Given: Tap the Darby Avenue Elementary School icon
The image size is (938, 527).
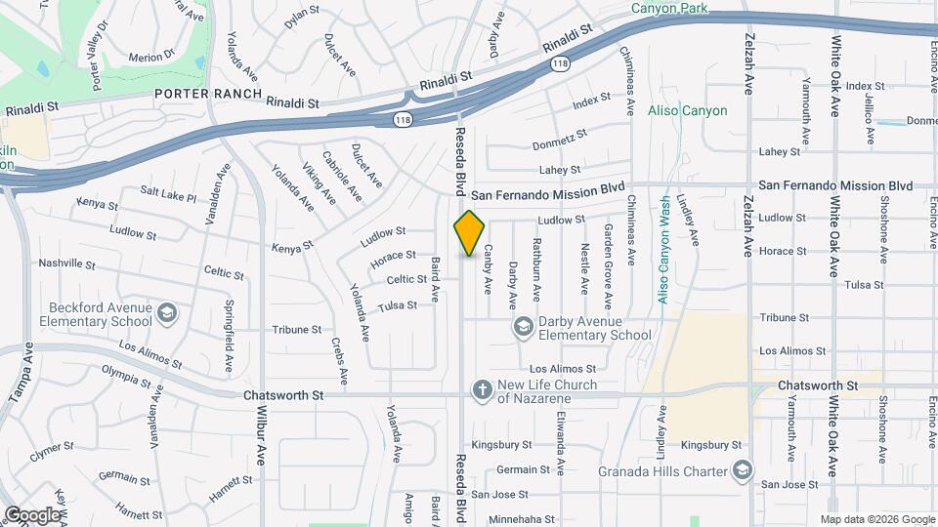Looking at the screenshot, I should (x=524, y=326).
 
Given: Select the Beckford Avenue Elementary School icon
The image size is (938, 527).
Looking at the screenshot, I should (x=166, y=313).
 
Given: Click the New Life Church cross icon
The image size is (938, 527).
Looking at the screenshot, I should (x=481, y=390).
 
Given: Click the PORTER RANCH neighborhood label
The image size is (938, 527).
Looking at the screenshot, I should (x=207, y=95).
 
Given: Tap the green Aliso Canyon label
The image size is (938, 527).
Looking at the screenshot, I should (x=687, y=110).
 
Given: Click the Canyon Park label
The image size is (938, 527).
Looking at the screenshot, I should (x=670, y=9).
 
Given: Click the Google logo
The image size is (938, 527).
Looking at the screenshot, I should (x=32, y=514).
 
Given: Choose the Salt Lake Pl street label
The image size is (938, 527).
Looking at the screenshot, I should (x=168, y=193).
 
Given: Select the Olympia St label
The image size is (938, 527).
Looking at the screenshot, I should (x=130, y=373).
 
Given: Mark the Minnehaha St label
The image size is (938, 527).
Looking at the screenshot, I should (x=522, y=519).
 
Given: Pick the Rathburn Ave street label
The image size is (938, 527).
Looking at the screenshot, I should (x=536, y=268).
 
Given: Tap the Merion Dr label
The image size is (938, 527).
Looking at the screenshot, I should (x=150, y=58).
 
